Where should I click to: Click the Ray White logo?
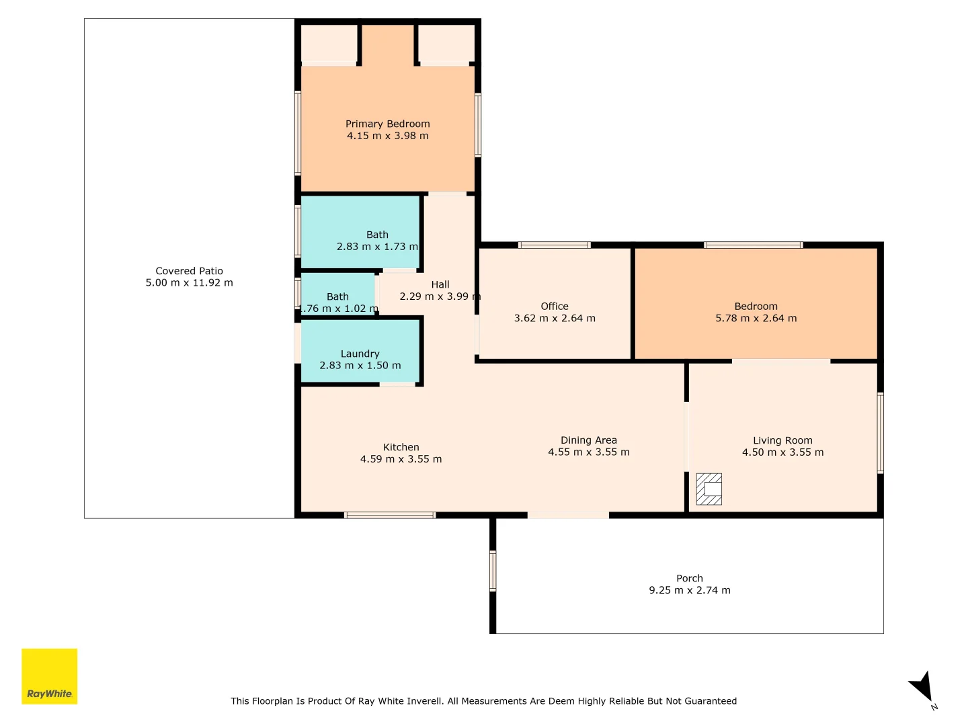click(49, 676)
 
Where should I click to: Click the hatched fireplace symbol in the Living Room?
click(709, 489)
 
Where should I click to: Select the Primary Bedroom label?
click(387, 124)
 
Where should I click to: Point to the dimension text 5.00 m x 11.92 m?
click(189, 282)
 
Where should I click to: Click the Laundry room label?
click(360, 354)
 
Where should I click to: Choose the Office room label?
click(555, 306)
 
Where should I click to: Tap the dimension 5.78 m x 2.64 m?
click(756, 318)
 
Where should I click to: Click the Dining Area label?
click(589, 440)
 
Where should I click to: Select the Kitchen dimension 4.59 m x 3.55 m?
click(401, 459)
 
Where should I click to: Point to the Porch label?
click(689, 578)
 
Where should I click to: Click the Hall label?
click(440, 284)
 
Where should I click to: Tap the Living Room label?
click(782, 440)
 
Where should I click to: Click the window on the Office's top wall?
click(554, 245)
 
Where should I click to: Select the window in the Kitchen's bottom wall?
click(390, 515)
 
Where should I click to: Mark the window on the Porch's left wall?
click(493, 571)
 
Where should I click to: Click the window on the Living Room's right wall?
click(880, 433)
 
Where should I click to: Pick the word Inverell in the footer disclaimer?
click(428, 701)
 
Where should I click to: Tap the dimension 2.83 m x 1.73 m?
click(378, 247)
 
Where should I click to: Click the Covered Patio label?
click(189, 271)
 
